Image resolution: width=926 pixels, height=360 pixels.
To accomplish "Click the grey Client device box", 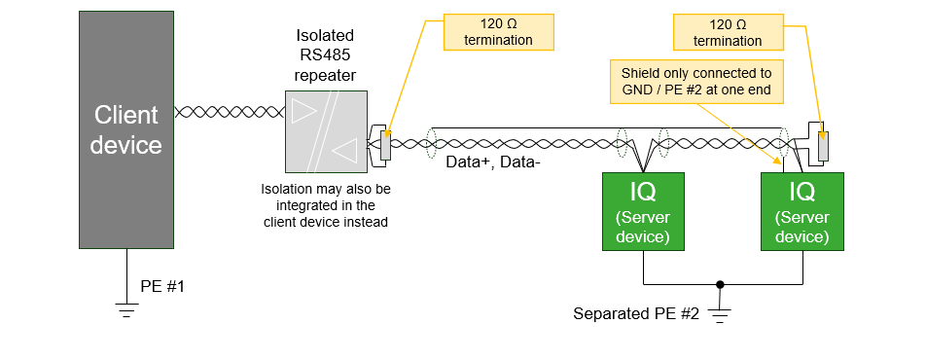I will click(x=125, y=129).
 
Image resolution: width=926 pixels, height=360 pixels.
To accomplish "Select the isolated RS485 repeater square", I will click(x=326, y=131).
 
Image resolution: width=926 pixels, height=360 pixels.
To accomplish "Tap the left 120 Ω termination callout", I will click(x=498, y=31).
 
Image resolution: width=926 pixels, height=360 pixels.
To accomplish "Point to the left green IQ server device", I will click(x=643, y=210).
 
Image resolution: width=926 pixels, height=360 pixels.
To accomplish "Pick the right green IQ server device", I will click(x=801, y=210).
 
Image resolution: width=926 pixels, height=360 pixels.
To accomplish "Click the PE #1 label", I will click(x=162, y=287).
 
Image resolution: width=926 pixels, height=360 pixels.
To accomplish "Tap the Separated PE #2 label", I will click(x=636, y=313).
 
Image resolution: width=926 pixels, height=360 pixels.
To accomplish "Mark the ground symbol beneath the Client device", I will click(x=125, y=310).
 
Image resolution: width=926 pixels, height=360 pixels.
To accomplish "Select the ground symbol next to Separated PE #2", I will click(x=720, y=314).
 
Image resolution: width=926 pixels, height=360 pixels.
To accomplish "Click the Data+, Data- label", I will click(x=492, y=162).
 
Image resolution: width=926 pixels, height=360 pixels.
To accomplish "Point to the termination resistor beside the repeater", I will click(x=385, y=145).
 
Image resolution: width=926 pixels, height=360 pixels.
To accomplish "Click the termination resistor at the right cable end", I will click(x=824, y=145).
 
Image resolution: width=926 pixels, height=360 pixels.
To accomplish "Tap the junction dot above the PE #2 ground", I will click(x=720, y=285).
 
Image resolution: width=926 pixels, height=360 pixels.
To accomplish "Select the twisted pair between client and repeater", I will click(x=230, y=112).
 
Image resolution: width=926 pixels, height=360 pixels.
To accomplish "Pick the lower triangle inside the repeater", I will click(x=345, y=150).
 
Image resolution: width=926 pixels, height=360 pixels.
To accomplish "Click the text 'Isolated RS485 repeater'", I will click(x=325, y=54).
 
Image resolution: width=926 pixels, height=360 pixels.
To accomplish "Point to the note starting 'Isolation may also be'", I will click(x=325, y=205).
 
